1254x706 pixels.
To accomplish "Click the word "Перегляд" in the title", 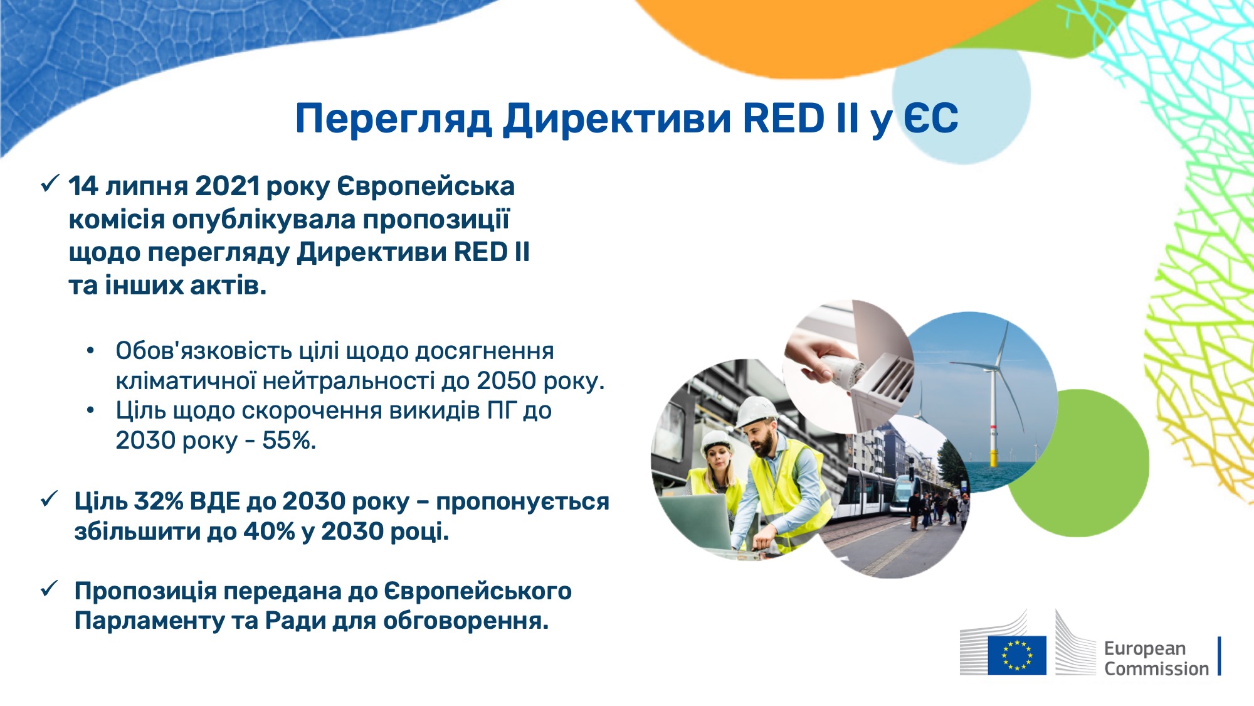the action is (x=393, y=119).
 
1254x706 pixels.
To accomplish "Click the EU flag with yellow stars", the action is (x=1017, y=655).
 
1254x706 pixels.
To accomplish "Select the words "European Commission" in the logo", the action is (x=1156, y=658).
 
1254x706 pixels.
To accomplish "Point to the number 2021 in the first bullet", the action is (x=228, y=186).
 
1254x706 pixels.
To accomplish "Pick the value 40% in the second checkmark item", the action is (x=269, y=532).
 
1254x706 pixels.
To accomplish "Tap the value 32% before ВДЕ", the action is (x=159, y=501).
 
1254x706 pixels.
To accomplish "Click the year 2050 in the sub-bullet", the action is (x=506, y=381).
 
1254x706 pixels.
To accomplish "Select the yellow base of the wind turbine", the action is (x=993, y=457).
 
